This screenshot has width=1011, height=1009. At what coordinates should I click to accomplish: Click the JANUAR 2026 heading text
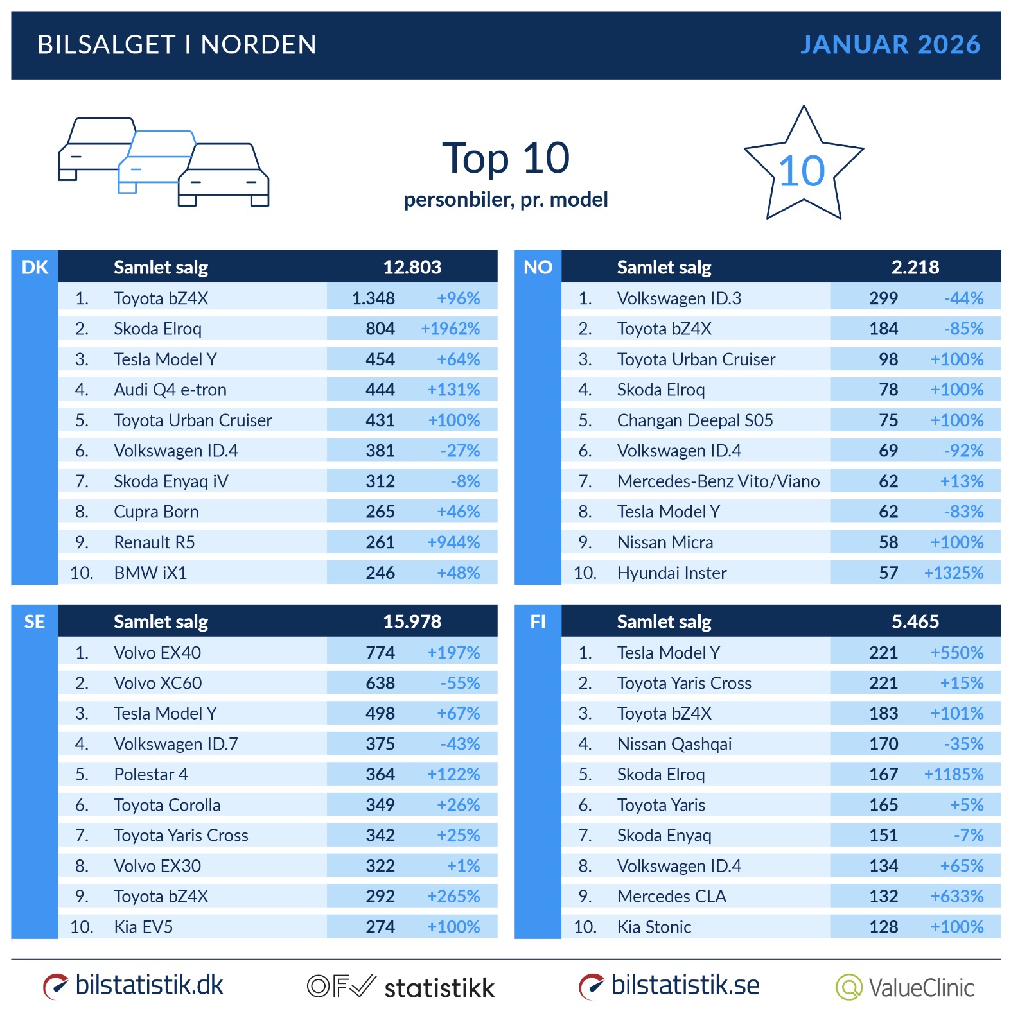pyautogui.click(x=890, y=44)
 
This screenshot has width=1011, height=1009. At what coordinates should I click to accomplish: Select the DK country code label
pyautogui.click(x=35, y=267)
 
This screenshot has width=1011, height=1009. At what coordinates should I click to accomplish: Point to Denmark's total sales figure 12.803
pyautogui.click(x=412, y=267)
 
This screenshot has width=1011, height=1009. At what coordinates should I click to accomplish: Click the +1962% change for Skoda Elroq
pyautogui.click(x=450, y=329)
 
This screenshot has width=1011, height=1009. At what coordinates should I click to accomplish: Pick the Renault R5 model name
pyautogui.click(x=154, y=542)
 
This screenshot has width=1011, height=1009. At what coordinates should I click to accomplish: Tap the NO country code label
pyautogui.click(x=538, y=267)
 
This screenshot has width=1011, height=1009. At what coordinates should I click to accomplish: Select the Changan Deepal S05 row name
pyautogui.click(x=695, y=420)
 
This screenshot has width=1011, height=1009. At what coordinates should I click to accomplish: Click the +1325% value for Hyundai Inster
pyautogui.click(x=953, y=573)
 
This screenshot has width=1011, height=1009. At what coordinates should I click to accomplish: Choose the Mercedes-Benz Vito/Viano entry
pyautogui.click(x=718, y=481)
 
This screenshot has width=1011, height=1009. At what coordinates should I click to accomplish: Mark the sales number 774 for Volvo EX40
pyautogui.click(x=380, y=653)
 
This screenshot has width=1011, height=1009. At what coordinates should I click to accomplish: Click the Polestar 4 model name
pyautogui.click(x=151, y=775)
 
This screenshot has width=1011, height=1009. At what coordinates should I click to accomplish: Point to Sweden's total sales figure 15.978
pyautogui.click(x=412, y=621)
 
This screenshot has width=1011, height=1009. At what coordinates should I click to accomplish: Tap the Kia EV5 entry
pyautogui.click(x=143, y=927)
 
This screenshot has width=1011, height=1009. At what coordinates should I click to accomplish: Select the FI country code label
pyautogui.click(x=538, y=621)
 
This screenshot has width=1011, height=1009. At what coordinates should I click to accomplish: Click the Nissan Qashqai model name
pyautogui.click(x=674, y=744)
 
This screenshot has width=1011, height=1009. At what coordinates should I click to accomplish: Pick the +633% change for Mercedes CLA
pyautogui.click(x=957, y=896)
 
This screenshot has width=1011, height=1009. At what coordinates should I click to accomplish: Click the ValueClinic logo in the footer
pyautogui.click(x=905, y=987)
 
